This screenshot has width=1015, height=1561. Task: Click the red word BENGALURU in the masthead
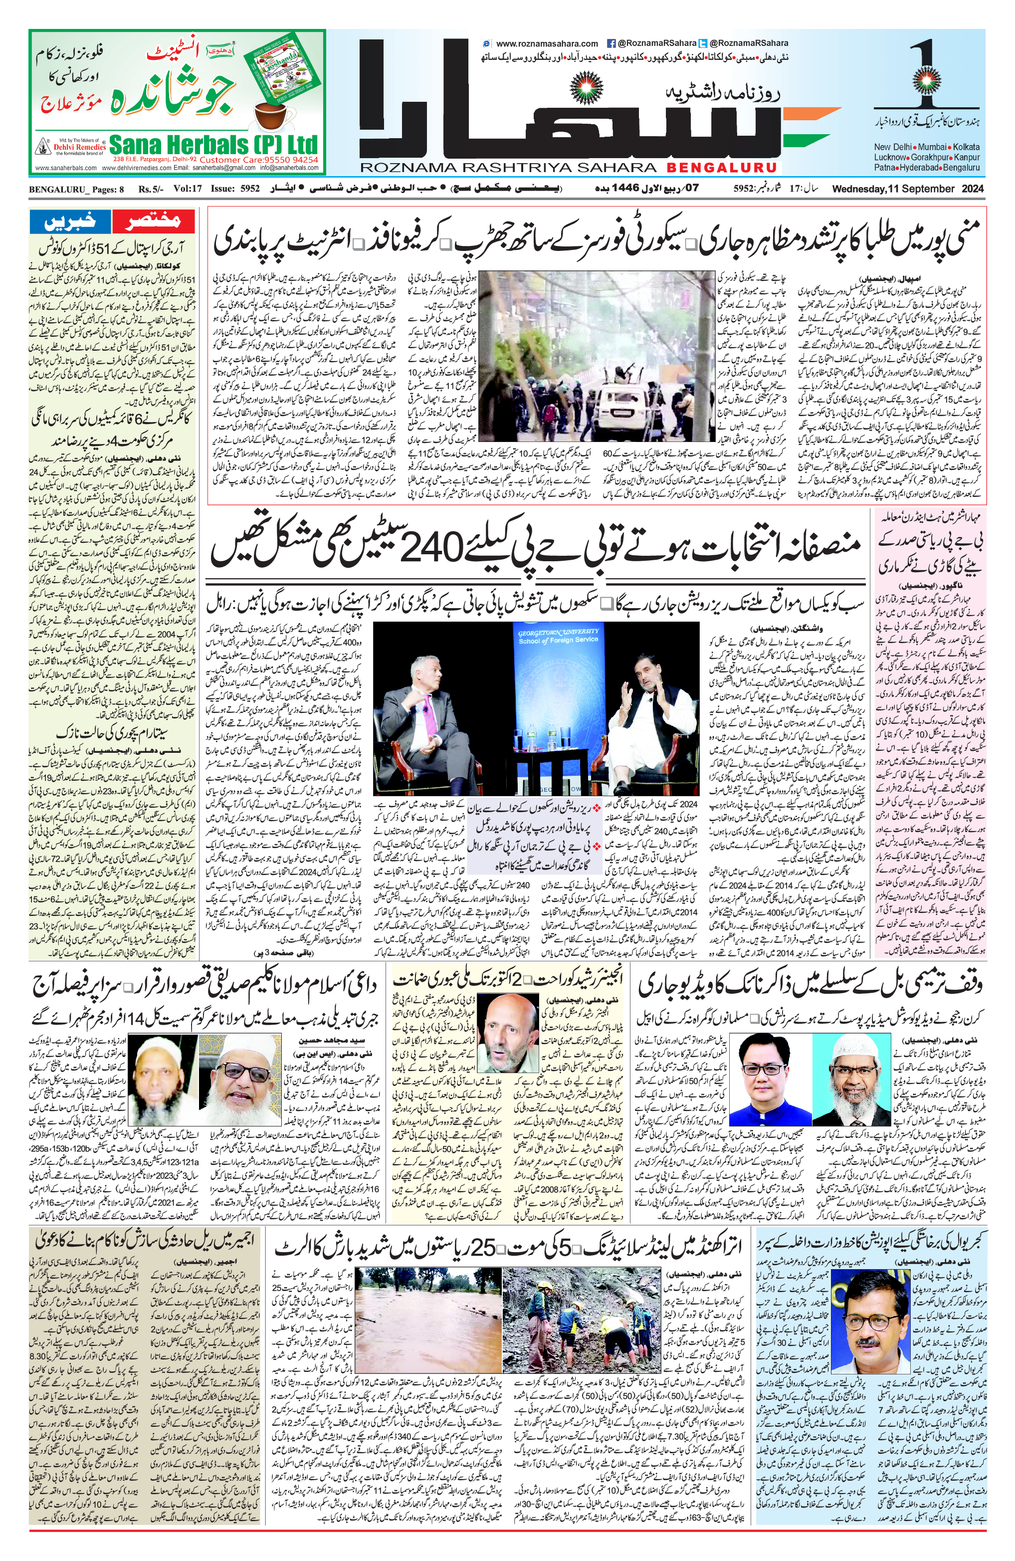722,168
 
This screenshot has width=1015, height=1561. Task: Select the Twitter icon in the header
703,43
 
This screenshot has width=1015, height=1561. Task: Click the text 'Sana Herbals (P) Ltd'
213,144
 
